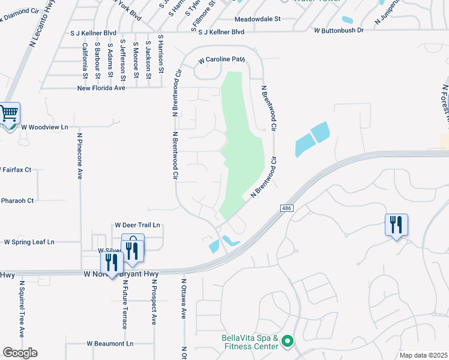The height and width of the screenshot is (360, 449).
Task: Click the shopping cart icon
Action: click(9, 112)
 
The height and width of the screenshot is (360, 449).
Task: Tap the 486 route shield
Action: click(286, 208)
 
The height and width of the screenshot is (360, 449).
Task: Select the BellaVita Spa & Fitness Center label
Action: click(250, 341)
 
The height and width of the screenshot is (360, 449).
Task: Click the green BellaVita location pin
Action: click(288, 341)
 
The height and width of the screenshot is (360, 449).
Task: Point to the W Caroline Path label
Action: click(223, 60)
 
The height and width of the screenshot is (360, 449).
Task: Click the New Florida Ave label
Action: click(101, 88)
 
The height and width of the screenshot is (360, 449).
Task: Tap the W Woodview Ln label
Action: click(44, 127)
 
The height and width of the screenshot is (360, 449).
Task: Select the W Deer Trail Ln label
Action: click(137, 225)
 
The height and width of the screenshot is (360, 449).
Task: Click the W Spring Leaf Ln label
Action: click(29, 242)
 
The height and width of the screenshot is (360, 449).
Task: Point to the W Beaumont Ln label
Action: click(110, 344)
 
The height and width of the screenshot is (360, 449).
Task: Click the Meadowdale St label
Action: click(258, 19)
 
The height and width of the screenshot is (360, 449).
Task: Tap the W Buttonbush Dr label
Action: click(339, 30)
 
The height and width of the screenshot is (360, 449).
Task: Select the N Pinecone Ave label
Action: click(79, 156)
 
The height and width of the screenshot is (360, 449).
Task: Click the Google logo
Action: click(20, 353)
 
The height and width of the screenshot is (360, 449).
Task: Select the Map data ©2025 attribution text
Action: click(423, 355)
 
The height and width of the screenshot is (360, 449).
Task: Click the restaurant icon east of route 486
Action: click(396, 225)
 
